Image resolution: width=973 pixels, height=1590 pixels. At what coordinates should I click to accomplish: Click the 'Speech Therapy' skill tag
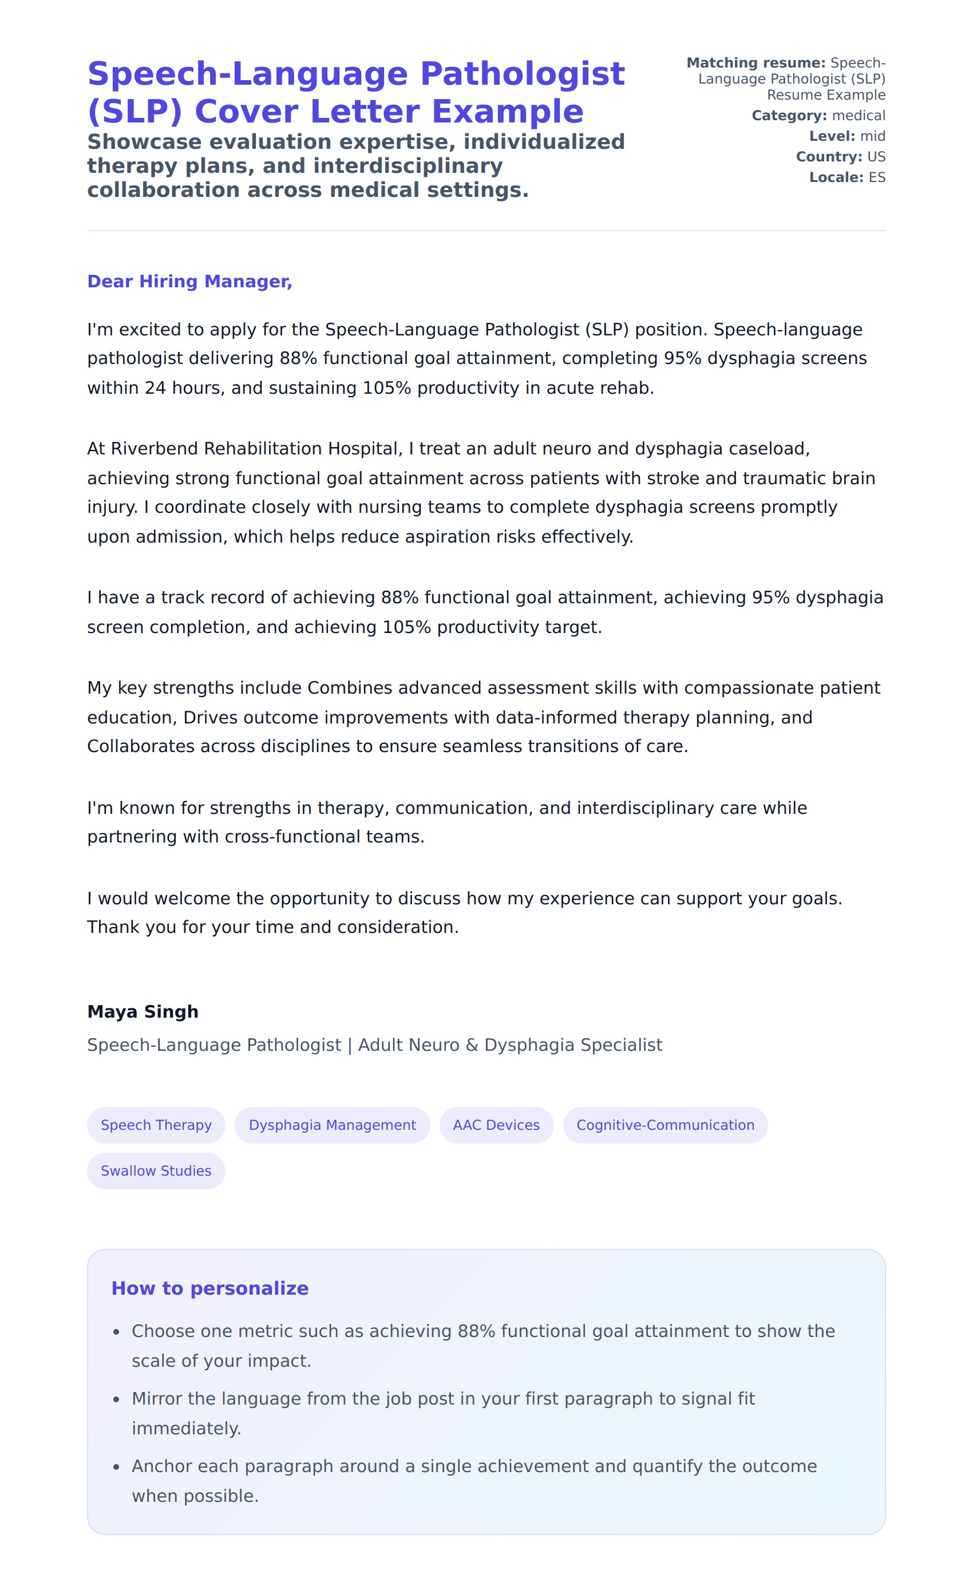click(x=156, y=1125)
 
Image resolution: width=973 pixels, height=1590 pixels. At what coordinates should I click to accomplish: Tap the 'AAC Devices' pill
click(x=496, y=1125)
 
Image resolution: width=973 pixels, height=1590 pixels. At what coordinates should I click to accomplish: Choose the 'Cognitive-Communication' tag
click(x=665, y=1125)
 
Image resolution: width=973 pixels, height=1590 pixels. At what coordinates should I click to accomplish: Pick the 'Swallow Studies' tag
click(x=156, y=1170)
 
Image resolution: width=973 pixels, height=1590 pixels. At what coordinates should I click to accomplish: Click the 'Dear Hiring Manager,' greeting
click(x=189, y=282)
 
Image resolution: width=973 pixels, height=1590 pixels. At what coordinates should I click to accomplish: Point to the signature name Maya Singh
click(x=143, y=1011)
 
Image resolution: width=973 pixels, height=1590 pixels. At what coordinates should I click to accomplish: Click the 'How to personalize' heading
click(x=209, y=1288)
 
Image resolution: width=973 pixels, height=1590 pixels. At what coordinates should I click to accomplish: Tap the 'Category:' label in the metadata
click(x=789, y=116)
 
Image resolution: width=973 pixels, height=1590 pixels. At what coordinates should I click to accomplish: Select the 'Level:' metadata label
click(x=832, y=136)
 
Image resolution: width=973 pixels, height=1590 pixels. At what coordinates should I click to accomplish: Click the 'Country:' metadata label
click(x=828, y=157)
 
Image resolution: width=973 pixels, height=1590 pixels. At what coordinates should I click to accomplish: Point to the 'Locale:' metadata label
click(x=836, y=177)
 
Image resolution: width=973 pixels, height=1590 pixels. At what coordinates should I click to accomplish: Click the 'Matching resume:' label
click(x=756, y=62)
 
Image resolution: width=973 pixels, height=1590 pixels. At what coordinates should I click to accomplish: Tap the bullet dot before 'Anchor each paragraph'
click(x=116, y=1468)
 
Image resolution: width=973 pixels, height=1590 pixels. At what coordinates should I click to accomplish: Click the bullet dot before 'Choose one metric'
click(x=116, y=1332)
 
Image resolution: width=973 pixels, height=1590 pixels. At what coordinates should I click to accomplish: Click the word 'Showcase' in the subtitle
click(x=133, y=141)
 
